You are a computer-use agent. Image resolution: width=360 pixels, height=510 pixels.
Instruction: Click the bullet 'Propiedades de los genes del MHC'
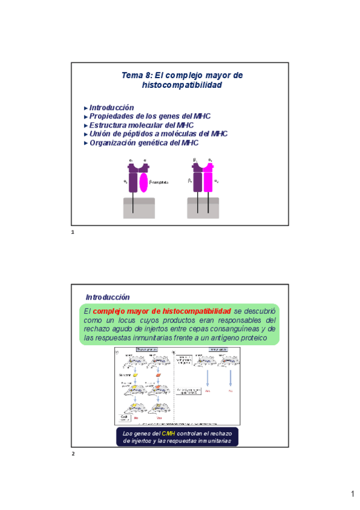click(150, 116)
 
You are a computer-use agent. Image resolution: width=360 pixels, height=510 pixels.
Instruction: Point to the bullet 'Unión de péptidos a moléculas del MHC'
click(158, 134)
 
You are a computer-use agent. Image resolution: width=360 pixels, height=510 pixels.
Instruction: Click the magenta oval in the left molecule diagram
click(144, 182)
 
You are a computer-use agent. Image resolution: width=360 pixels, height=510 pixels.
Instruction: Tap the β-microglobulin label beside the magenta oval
click(159, 182)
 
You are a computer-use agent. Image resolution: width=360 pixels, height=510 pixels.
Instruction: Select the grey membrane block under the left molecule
click(139, 207)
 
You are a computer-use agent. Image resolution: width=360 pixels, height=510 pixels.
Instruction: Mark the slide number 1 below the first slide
click(72, 232)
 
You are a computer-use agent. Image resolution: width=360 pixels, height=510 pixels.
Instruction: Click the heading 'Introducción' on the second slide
click(108, 297)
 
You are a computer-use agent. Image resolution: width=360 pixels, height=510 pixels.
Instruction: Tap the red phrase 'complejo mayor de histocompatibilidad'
click(162, 311)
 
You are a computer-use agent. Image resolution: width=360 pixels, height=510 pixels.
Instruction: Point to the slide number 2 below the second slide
click(73, 453)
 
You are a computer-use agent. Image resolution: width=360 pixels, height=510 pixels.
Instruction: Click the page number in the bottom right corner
click(353, 494)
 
